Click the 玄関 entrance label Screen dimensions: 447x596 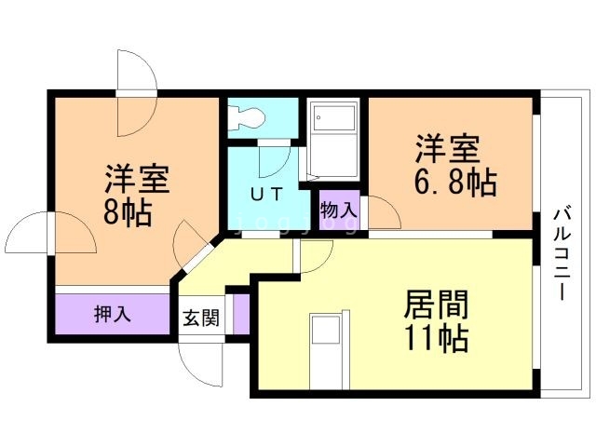pos(200,318)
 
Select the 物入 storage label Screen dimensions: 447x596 pos(338,210)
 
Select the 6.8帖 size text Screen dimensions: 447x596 pos(454,181)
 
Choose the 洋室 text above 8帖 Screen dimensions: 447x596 pos(136,177)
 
